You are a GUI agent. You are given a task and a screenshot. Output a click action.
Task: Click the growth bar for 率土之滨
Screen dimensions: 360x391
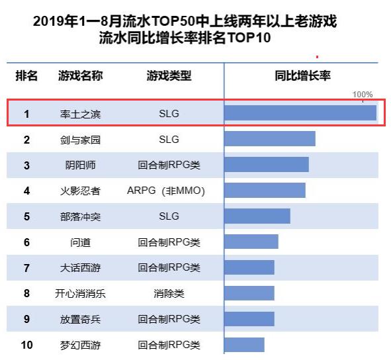point(300,113)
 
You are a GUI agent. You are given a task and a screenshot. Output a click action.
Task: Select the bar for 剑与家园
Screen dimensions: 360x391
point(270,139)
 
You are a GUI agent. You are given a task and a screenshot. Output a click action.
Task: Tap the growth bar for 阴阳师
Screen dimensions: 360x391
point(267,165)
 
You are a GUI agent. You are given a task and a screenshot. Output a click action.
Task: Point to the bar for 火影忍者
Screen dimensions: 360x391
point(265,191)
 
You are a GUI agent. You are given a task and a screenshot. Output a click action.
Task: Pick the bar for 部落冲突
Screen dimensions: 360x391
point(257,216)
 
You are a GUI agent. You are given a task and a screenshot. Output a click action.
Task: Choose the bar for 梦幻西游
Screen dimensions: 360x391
point(244,345)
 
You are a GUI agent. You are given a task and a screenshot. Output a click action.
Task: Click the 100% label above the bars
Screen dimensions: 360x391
point(363,95)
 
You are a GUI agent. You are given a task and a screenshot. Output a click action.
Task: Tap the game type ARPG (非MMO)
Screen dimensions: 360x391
point(165,191)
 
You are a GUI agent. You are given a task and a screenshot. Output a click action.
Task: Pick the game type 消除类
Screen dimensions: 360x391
point(169,293)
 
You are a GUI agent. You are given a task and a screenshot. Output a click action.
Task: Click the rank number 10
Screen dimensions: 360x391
point(26,345)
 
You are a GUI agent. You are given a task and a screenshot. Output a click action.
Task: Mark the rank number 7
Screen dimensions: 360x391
point(26,268)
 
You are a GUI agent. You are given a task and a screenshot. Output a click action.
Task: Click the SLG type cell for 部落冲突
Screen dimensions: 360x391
point(169,216)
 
